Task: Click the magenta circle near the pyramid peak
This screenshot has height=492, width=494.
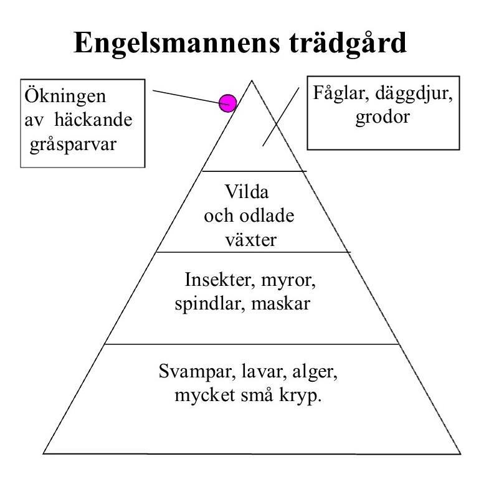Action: [227, 103]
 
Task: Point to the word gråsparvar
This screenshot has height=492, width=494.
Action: [72, 143]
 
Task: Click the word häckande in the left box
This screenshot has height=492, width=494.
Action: [93, 120]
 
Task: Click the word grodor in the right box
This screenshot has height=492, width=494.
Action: [382, 117]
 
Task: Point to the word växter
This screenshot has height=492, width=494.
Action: [250, 239]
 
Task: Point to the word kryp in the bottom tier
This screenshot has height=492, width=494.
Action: [303, 396]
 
